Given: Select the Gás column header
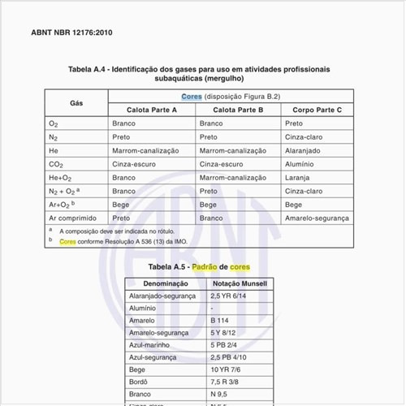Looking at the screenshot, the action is point(76,102).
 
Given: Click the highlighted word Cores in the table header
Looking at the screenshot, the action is point(192,96).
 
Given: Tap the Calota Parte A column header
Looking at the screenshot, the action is point(152,109).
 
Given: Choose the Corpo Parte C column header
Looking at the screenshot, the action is point(317,109).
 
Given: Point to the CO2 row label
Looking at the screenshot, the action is point(56,164).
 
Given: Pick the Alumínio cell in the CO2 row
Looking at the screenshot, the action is point(300,164).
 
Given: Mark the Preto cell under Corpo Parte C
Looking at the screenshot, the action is point(293,123).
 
